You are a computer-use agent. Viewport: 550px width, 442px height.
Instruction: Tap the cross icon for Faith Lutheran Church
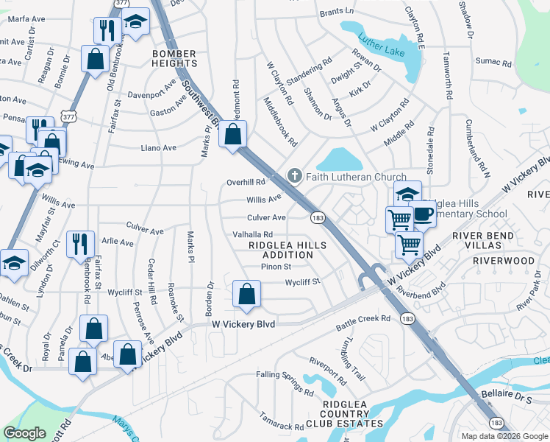click(x=294, y=176)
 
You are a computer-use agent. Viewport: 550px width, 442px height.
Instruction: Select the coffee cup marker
click(x=423, y=214)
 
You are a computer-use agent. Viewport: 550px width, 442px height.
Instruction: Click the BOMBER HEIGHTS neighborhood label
click(x=174, y=59)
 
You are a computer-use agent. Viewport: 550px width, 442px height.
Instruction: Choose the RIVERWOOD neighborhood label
click(x=504, y=261)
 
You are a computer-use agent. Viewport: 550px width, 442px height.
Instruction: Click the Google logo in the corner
click(x=25, y=433)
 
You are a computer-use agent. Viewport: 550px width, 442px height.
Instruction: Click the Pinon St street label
click(x=276, y=267)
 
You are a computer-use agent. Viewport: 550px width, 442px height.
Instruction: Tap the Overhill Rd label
click(x=246, y=182)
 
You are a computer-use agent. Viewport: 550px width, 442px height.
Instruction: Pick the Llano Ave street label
click(x=159, y=148)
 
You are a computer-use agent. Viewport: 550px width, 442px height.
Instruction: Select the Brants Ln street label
click(x=338, y=13)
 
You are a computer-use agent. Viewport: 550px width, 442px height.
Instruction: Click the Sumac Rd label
click(x=492, y=60)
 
